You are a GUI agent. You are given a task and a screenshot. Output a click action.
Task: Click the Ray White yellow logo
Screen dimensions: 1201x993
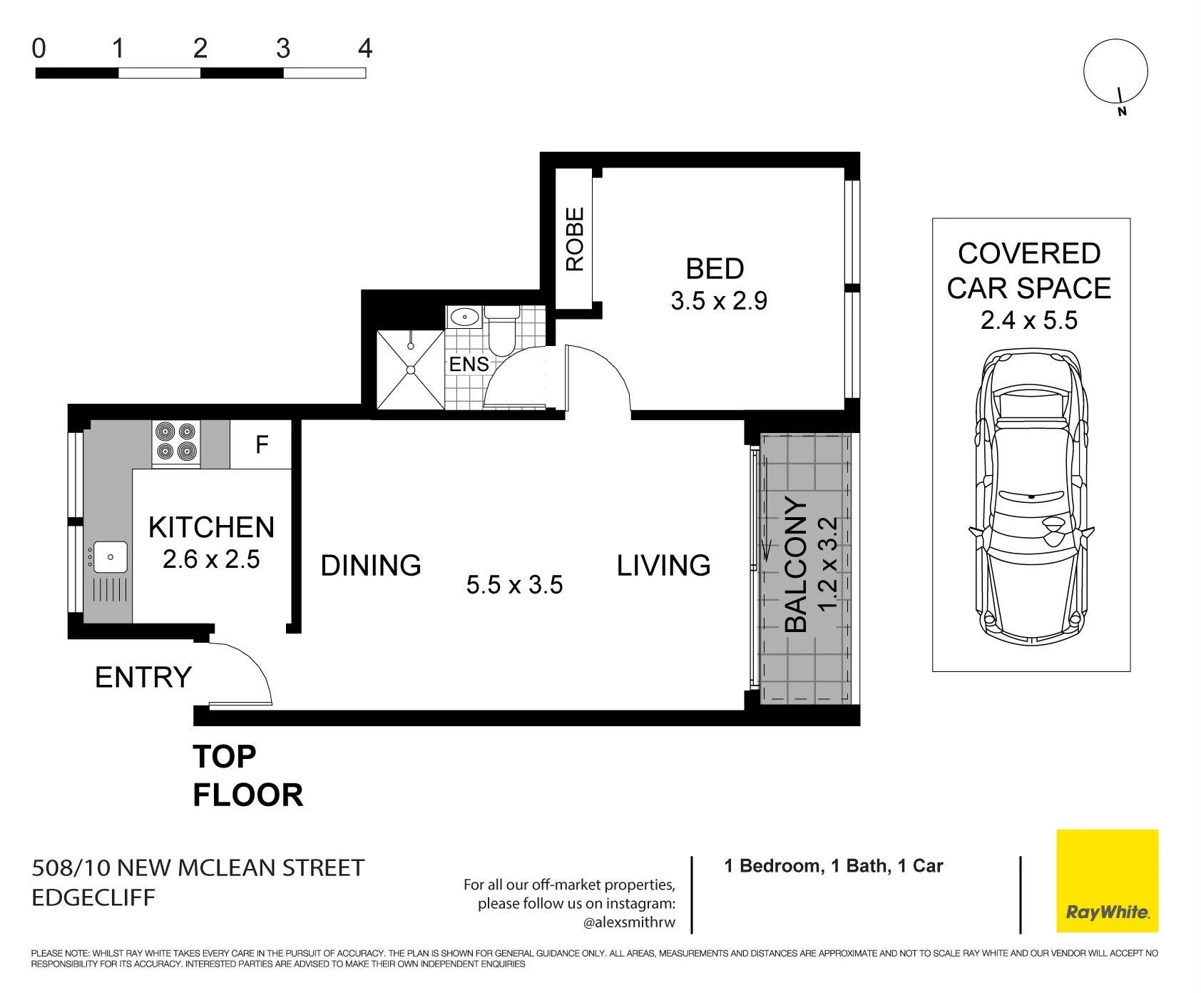click(x=1107, y=880)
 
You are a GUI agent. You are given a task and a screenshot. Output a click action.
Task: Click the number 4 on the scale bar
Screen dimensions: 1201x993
click(x=365, y=49)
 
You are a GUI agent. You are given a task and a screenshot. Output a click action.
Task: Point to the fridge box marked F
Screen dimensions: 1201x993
click(x=261, y=444)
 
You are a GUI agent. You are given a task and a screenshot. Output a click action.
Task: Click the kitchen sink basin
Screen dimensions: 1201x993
click(x=111, y=556)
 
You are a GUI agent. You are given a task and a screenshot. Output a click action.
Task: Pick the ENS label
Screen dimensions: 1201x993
click(x=469, y=365)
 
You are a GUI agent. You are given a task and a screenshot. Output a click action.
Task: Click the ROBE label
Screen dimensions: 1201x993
click(x=575, y=239)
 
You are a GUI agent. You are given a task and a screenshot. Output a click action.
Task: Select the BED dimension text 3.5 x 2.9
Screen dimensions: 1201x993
click(x=719, y=300)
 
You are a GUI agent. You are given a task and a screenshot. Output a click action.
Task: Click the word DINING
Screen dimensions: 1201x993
click(x=371, y=565)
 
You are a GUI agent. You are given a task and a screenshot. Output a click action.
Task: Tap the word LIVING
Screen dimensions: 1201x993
click(x=663, y=565)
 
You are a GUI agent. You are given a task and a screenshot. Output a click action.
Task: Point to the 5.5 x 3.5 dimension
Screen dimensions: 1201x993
click(x=515, y=585)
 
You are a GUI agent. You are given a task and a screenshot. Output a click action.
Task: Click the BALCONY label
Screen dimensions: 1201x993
click(x=796, y=565)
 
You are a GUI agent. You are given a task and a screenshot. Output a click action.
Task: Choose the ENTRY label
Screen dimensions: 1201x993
click(x=143, y=677)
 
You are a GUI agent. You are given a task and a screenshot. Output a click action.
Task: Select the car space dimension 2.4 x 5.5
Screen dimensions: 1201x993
click(x=1029, y=320)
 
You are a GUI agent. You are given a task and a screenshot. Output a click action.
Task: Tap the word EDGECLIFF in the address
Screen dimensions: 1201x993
click(x=93, y=897)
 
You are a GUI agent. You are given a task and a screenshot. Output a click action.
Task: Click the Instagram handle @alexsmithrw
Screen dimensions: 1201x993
click(x=629, y=922)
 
